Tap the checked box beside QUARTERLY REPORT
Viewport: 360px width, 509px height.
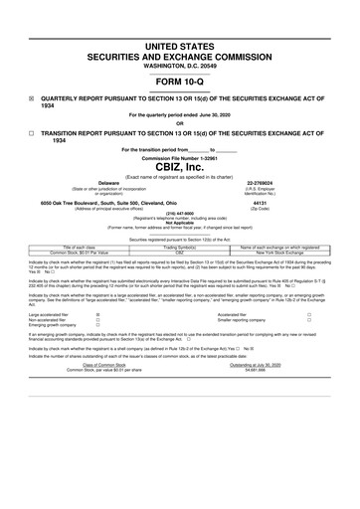coord(32,98)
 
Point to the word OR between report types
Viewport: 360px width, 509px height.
coord(180,123)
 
